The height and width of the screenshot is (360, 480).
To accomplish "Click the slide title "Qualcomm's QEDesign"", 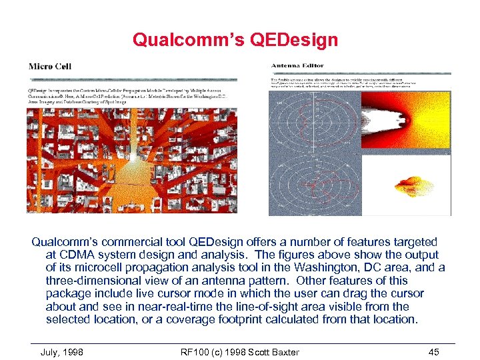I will (235, 40).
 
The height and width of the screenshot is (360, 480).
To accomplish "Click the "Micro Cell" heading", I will (50, 66).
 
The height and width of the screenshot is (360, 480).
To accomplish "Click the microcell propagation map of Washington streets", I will (131, 160).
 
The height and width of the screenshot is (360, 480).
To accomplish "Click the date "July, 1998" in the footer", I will (62, 352).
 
